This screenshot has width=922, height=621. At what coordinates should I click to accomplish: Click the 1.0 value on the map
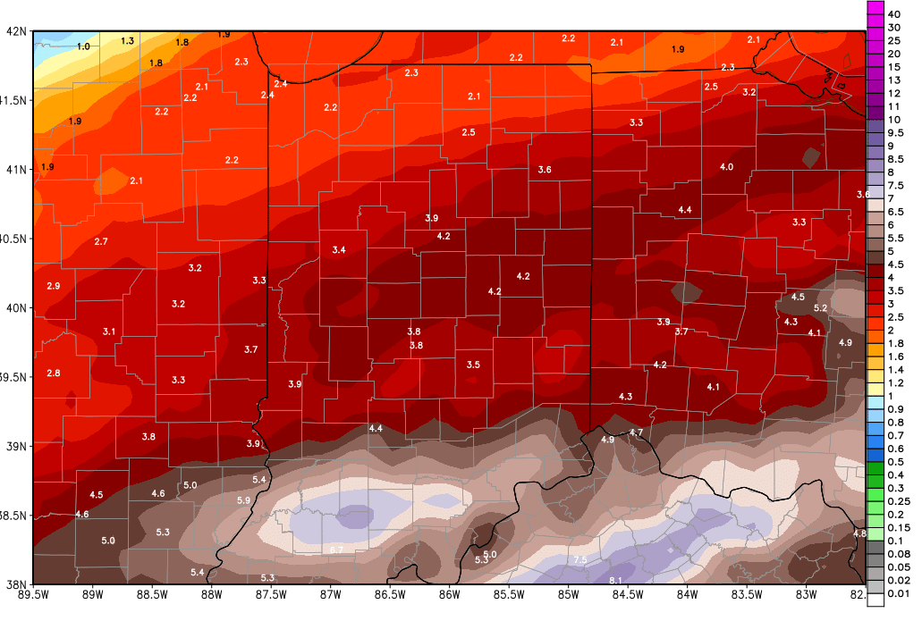(84, 46)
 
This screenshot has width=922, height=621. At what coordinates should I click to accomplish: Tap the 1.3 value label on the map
(128, 41)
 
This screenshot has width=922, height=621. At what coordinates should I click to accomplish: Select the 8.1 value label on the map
(616, 581)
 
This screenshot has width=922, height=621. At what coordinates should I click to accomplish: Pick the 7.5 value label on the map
(579, 560)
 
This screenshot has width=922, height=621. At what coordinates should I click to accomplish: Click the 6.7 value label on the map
(336, 549)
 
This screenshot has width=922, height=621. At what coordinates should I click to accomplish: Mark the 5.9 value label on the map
(243, 500)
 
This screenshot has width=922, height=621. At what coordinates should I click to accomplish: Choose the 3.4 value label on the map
(339, 250)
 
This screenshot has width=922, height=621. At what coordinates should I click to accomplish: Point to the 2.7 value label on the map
(101, 242)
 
